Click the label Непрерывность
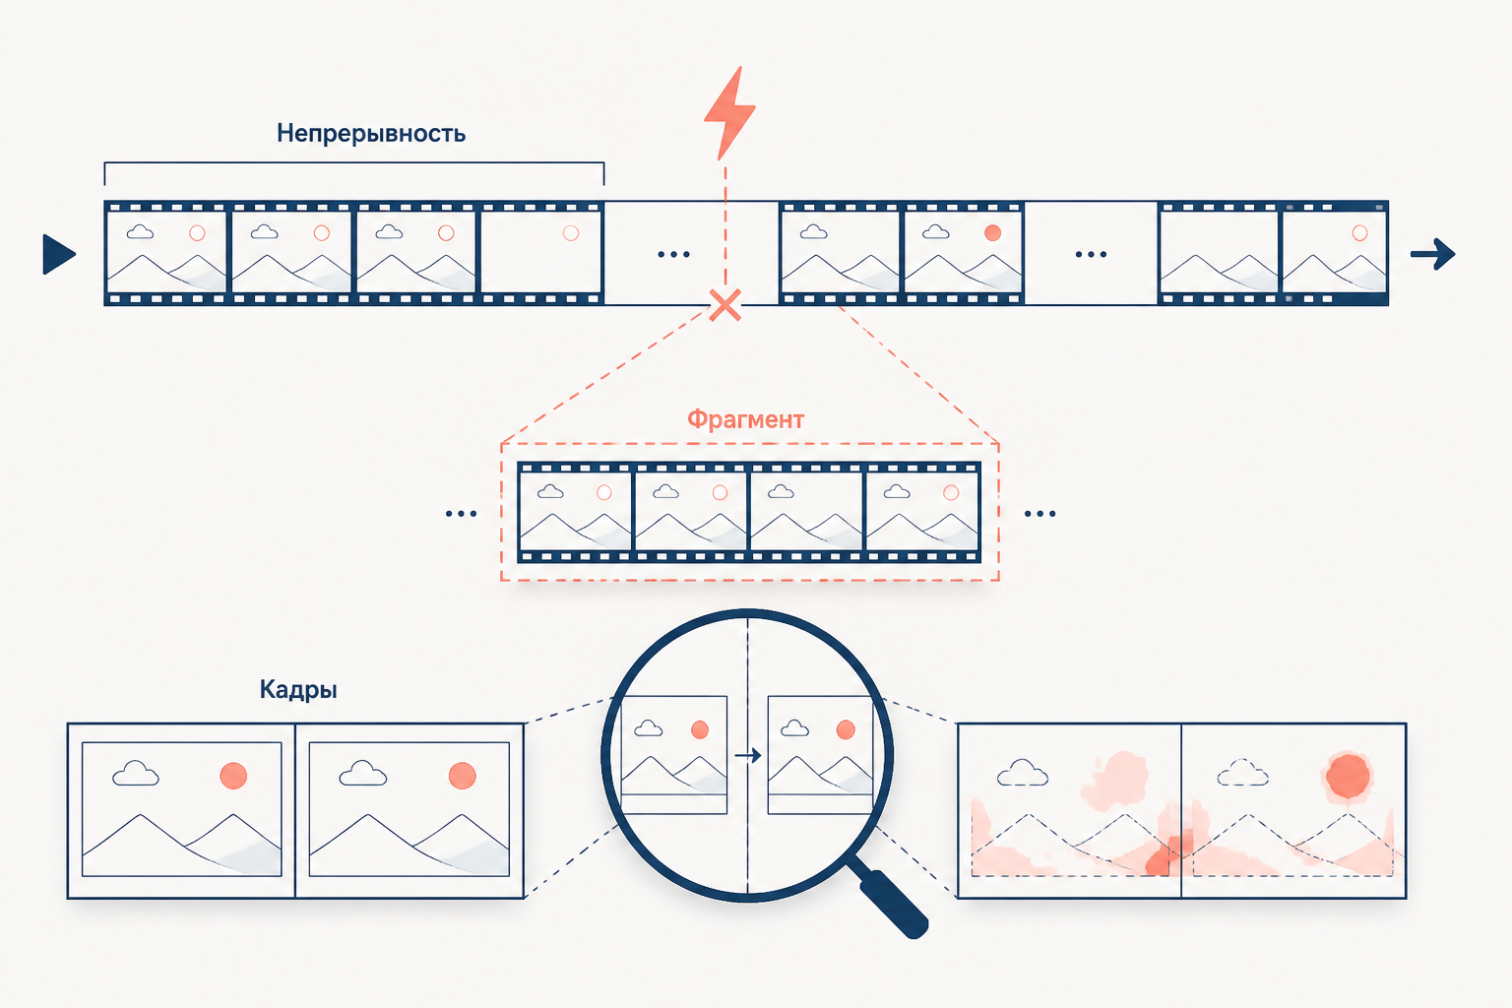pyautogui.click(x=370, y=134)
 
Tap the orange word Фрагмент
pyautogui.click(x=745, y=420)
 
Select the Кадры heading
pyautogui.click(x=298, y=690)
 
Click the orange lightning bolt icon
pyautogui.click(x=729, y=113)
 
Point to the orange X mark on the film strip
pyautogui.click(x=725, y=305)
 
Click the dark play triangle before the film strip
pyautogui.click(x=59, y=255)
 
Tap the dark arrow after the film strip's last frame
pyautogui.click(x=1432, y=255)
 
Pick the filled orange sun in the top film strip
pyautogui.click(x=992, y=233)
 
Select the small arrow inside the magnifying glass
pyautogui.click(x=748, y=755)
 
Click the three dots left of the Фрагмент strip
pyautogui.click(x=461, y=514)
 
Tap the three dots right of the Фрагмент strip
pyautogui.click(x=1039, y=514)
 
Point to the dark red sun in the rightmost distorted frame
pyautogui.click(x=1348, y=776)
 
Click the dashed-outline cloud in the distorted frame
pyautogui.click(x=1242, y=773)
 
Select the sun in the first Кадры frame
pyautogui.click(x=233, y=776)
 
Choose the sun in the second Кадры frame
pyautogui.click(x=463, y=776)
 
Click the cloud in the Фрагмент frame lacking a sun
pyautogui.click(x=781, y=491)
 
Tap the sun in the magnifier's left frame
pyautogui.click(x=700, y=729)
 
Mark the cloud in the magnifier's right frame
pyautogui.click(x=794, y=727)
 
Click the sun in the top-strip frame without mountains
pyautogui.click(x=571, y=233)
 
